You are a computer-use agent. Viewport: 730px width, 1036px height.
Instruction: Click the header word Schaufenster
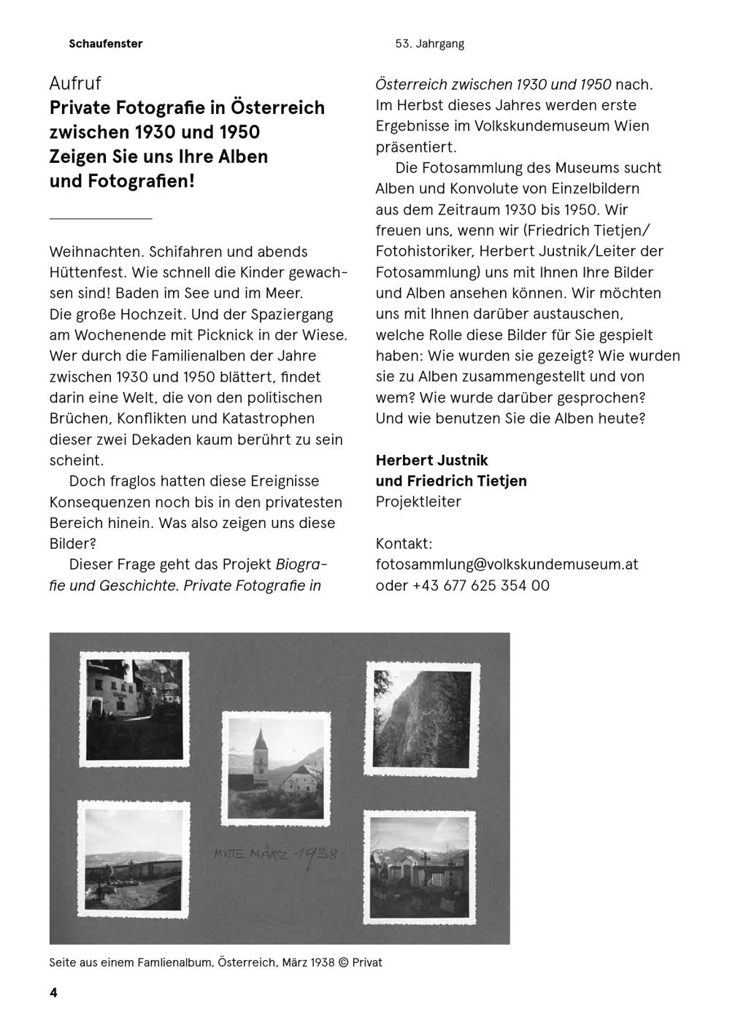106,44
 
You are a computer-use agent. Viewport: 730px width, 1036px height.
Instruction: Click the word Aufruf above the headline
75,83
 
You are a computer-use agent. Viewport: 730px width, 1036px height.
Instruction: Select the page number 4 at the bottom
53,992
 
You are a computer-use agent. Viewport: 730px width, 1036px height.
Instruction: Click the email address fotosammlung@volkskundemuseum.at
507,564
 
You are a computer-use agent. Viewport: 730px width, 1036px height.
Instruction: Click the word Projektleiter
418,502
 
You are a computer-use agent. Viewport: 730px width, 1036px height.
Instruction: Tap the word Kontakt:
404,544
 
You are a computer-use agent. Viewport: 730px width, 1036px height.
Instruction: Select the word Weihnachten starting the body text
95,252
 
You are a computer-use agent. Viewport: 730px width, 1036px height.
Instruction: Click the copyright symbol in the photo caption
342,962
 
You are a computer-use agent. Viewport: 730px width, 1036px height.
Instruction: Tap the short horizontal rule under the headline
101,218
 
